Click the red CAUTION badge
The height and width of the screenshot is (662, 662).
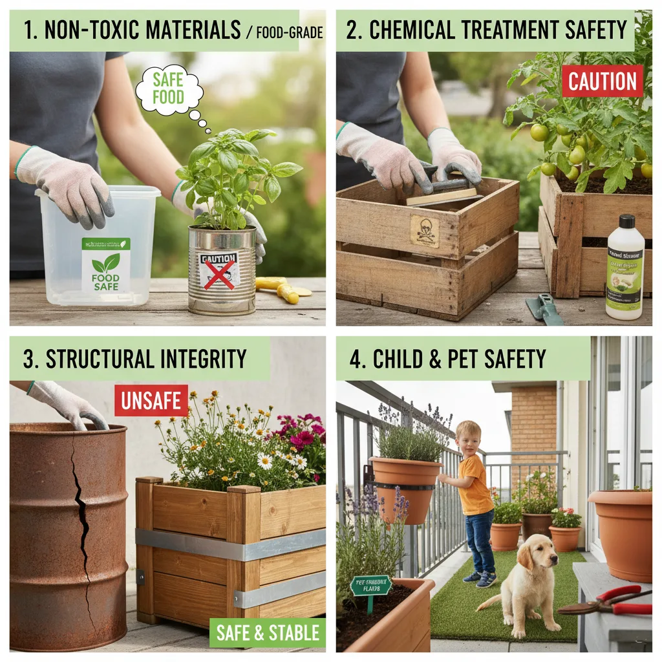pos(602,81)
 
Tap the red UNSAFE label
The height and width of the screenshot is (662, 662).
pos(151,401)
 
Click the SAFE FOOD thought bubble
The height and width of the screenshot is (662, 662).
pos(169,89)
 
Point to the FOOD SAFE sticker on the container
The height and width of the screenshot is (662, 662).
pos(105,264)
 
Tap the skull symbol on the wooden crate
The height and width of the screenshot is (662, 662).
pos(424,231)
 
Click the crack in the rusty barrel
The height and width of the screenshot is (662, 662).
pos(83,517)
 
